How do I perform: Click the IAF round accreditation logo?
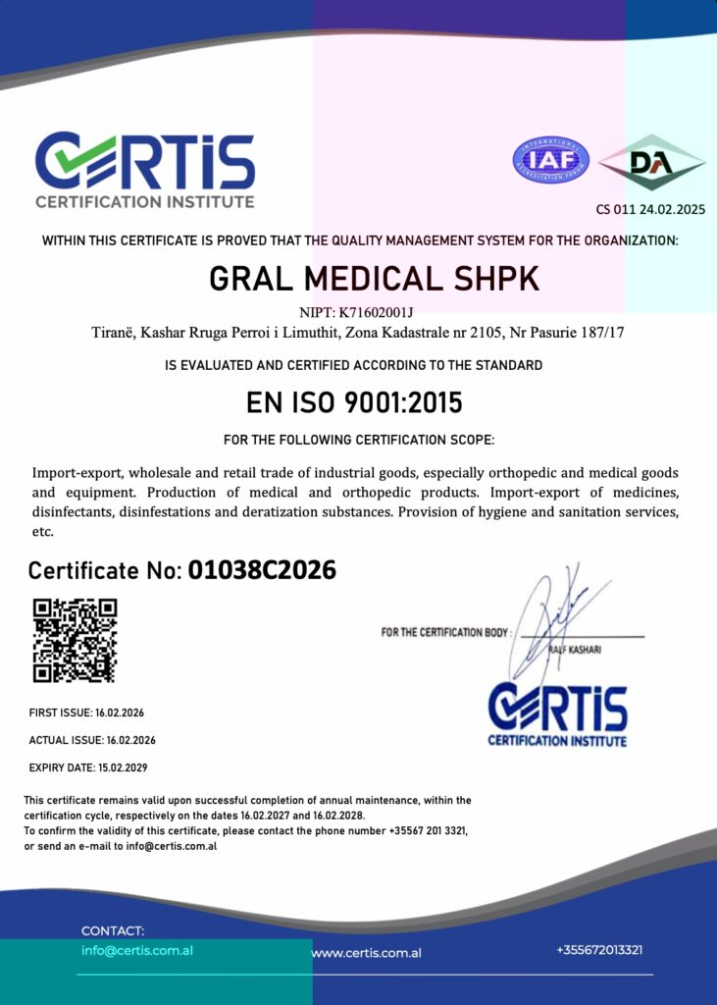click(x=551, y=160)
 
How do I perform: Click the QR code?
click(x=75, y=640)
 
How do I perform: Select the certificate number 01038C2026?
click(x=262, y=569)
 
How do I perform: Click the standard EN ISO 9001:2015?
click(x=354, y=403)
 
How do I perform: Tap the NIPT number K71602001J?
click(x=377, y=313)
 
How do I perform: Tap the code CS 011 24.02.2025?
click(x=650, y=209)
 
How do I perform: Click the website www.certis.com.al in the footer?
click(x=366, y=952)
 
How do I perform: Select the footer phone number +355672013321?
click(x=599, y=949)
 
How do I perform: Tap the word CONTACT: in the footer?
click(x=113, y=930)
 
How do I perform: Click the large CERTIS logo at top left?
click(x=145, y=169)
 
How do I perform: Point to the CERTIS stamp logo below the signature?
click(x=557, y=714)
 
